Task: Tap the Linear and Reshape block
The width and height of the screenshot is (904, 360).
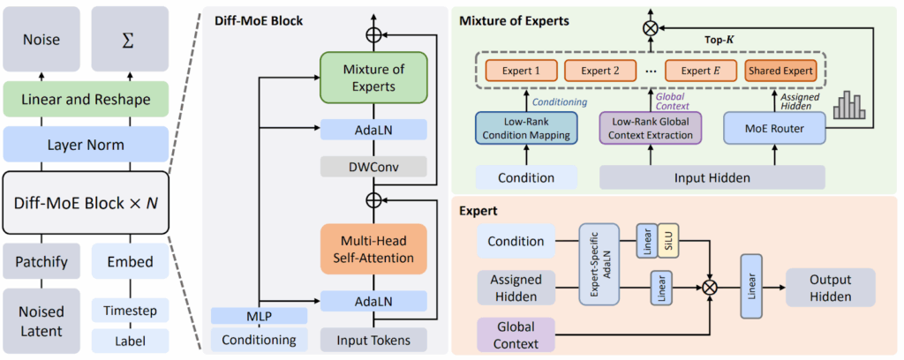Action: pos(85,101)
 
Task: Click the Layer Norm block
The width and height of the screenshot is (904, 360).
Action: pos(85,144)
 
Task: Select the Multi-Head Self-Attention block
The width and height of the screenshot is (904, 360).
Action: pos(373,248)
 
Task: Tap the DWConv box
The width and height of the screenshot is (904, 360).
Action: pos(373,167)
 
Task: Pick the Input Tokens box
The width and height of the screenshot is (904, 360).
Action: pos(373,339)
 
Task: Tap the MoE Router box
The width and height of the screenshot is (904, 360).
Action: pos(762,129)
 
